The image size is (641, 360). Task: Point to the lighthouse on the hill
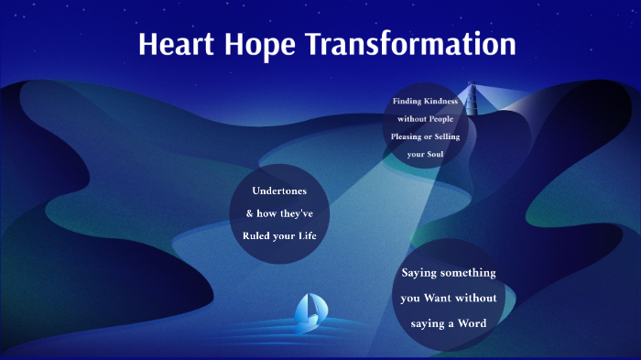(x=473, y=99)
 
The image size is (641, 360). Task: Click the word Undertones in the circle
(x=279, y=191)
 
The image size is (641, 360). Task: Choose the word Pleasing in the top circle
(x=407, y=136)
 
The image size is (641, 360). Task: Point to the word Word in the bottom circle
(x=470, y=322)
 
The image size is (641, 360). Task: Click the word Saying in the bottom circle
(x=421, y=273)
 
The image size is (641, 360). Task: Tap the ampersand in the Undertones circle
(x=250, y=213)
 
